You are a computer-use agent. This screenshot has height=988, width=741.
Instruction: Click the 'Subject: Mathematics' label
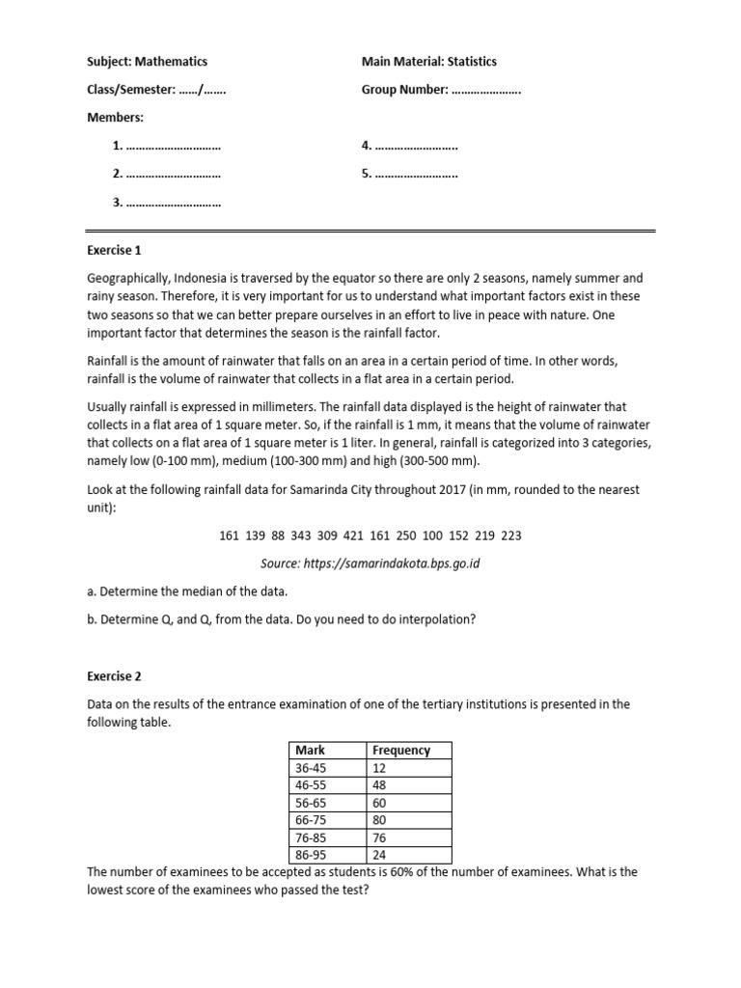point(147,62)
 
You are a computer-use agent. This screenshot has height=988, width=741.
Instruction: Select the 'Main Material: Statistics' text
point(429,62)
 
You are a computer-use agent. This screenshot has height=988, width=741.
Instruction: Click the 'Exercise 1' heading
point(114,250)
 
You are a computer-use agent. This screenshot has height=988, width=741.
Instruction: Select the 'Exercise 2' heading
point(114,676)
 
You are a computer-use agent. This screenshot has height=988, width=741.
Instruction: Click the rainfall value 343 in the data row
point(304,535)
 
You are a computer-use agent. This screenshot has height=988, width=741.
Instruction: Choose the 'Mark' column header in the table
point(311,750)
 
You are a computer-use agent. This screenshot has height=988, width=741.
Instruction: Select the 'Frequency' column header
point(401,750)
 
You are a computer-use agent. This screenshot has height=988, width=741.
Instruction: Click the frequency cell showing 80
point(379,819)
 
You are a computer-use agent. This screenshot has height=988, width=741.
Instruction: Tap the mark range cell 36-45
point(312,767)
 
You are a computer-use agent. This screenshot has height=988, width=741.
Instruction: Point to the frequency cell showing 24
point(379,854)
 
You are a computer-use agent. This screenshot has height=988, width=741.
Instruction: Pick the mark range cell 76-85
point(312,837)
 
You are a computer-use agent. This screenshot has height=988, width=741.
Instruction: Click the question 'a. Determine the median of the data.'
point(188,590)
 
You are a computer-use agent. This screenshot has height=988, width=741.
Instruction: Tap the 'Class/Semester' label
point(130,90)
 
